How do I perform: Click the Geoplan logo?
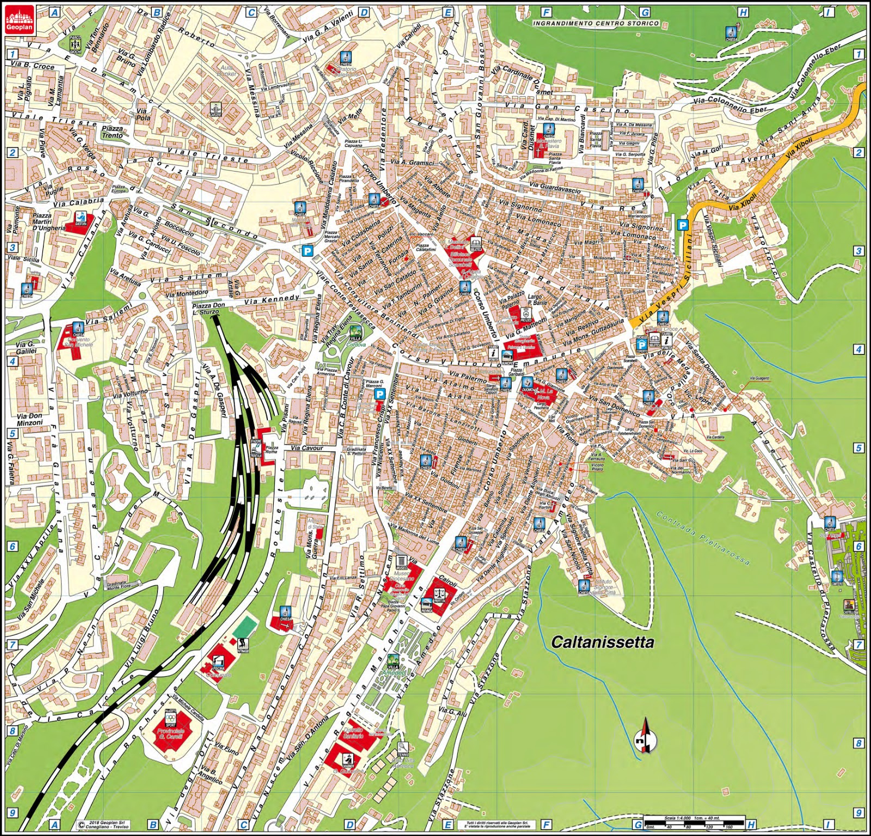(x=20, y=20)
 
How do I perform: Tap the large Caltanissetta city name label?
(x=603, y=642)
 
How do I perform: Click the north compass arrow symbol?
(x=645, y=736)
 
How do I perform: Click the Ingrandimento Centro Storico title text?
(x=596, y=23)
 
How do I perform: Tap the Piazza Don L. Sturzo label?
(x=208, y=309)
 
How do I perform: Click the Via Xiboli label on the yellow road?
(x=800, y=148)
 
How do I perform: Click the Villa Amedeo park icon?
(x=392, y=662)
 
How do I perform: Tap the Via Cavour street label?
(x=306, y=448)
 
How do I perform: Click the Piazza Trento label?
(x=113, y=132)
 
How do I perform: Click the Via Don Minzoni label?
(x=29, y=419)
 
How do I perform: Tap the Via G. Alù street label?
(x=453, y=712)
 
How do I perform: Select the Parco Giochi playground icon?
(x=75, y=43)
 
